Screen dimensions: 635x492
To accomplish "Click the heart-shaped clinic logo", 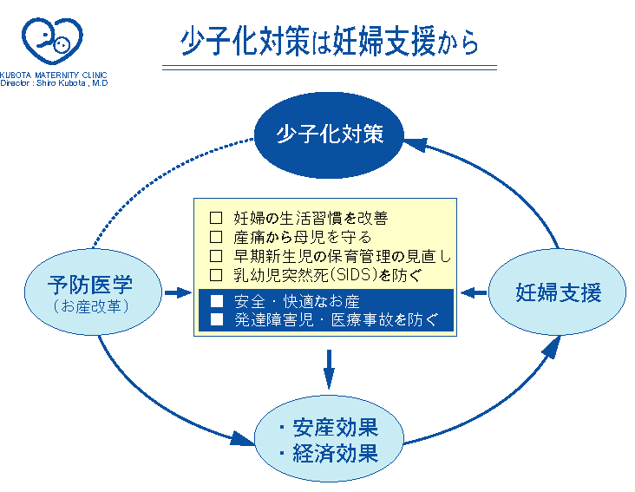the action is click(x=52, y=41).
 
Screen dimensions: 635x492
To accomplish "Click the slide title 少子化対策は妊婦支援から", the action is click(x=329, y=41).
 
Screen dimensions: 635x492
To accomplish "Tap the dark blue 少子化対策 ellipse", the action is click(x=329, y=134).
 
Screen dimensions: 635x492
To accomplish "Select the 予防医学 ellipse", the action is click(x=93, y=292).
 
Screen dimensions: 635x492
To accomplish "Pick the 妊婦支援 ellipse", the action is click(x=557, y=292).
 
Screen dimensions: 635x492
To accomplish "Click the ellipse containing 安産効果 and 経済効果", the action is click(x=329, y=439).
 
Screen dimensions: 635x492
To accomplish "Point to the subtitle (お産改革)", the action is click(x=91, y=306).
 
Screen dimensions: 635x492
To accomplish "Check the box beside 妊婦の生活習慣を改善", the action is click(x=216, y=218).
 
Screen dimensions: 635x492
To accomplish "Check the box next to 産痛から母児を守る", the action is click(x=216, y=237).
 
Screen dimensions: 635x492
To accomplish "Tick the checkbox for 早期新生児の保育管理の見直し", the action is click(x=216, y=256).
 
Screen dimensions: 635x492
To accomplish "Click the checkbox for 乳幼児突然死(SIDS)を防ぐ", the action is click(x=216, y=275).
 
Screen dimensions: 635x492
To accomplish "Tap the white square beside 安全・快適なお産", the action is click(x=217, y=301).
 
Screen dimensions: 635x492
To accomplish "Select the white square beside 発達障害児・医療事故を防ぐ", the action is click(x=217, y=319).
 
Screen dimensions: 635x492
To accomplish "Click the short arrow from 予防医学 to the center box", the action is click(x=178, y=292).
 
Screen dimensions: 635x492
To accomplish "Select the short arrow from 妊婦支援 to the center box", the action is click(x=474, y=292).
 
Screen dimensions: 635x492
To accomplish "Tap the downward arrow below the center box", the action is click(x=329, y=370).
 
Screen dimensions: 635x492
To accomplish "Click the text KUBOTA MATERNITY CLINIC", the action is click(x=54, y=75).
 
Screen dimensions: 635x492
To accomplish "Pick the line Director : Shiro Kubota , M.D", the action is click(x=54, y=83).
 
